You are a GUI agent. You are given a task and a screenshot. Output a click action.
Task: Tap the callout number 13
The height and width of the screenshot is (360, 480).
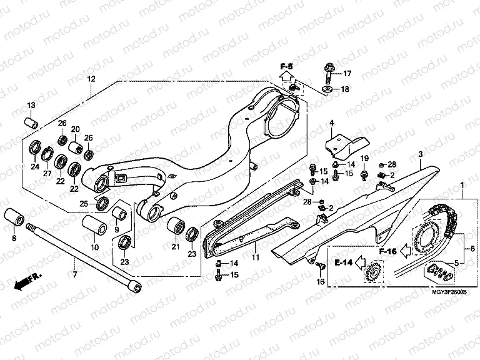(x=30, y=104)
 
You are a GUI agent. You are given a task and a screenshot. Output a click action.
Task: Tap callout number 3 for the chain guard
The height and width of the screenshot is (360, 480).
(x=421, y=154)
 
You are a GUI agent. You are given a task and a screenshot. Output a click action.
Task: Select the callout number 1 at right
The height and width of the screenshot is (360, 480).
(x=462, y=186)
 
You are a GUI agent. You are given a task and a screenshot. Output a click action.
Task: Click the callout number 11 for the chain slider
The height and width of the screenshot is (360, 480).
(x=254, y=257)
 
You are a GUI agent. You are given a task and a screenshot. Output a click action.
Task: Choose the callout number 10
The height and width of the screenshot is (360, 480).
(x=95, y=247)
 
